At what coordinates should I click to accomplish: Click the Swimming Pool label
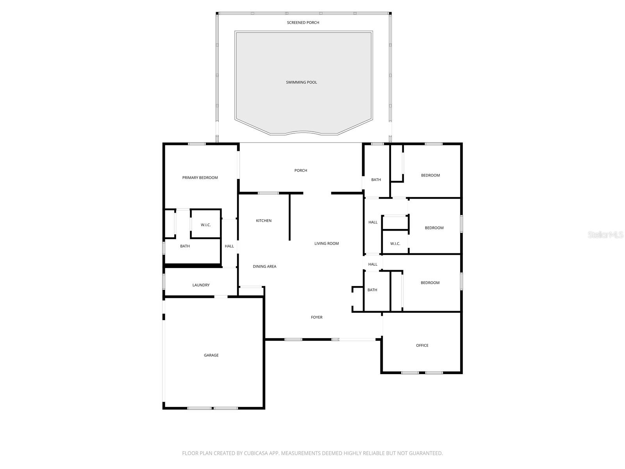301,82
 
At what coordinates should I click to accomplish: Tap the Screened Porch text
303,23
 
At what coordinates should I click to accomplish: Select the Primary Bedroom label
200,178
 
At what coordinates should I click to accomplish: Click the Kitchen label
264,221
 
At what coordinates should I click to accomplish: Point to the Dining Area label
264,267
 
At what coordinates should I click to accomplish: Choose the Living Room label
327,243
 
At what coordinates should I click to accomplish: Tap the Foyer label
317,317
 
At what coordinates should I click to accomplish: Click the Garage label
211,355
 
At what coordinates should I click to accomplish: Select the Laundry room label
201,285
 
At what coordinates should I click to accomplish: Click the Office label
422,345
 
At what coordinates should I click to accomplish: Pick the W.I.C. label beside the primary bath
206,225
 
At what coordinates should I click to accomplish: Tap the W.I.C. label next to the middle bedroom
395,244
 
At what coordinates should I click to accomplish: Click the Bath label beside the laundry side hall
185,246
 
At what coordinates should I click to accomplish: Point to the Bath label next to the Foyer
372,290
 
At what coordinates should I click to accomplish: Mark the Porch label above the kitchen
301,170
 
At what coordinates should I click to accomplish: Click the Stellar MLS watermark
606,234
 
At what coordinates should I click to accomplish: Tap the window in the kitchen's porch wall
268,193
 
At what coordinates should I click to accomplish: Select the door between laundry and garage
221,297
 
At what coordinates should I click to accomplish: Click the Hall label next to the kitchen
229,246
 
